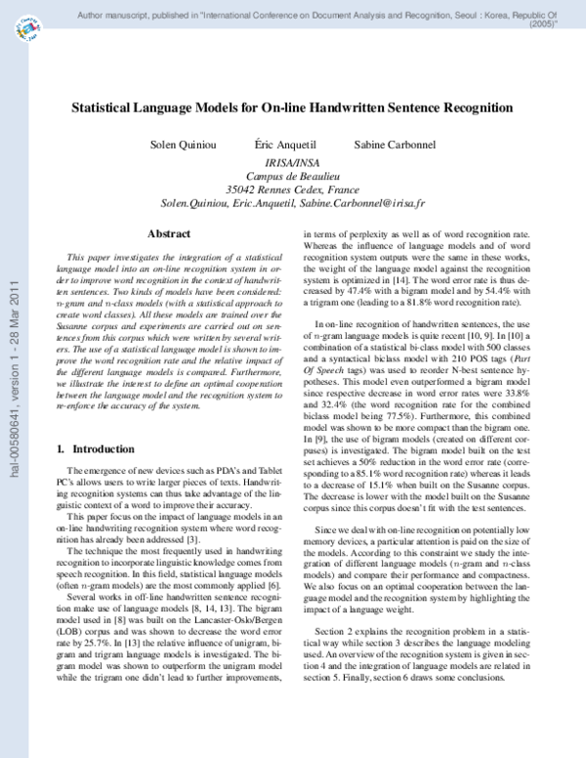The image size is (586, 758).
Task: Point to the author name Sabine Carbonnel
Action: tap(382, 144)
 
